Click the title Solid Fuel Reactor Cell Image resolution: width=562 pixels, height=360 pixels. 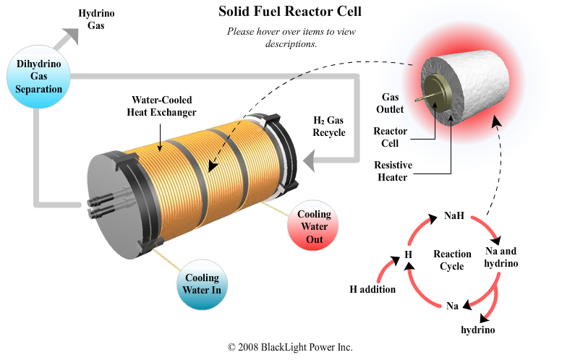coord(290,12)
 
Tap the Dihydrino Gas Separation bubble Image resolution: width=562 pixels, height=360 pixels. coord(39,77)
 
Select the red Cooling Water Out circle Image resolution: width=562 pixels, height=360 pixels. coord(314,226)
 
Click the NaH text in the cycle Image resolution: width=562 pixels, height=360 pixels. coord(454,215)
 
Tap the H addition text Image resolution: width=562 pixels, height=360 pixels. coord(372,289)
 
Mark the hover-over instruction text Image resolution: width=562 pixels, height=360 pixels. coord(291,38)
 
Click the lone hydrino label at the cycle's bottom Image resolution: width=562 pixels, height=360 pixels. coord(478,330)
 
